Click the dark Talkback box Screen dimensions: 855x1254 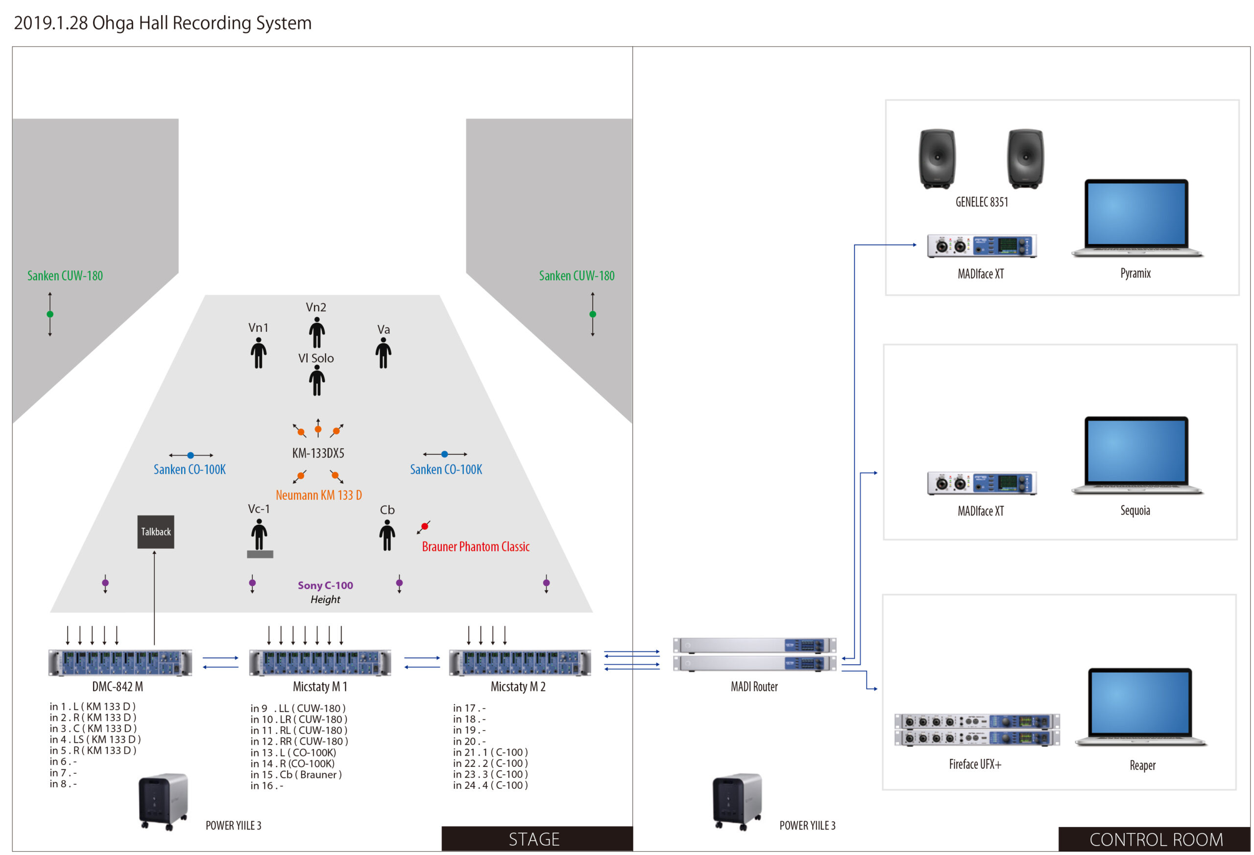coord(155,532)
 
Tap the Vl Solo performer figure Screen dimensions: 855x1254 coord(317,381)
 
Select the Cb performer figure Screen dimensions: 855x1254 coord(387,535)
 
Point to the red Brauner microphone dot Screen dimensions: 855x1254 coord(425,526)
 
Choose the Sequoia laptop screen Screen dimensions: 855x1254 coord(1136,451)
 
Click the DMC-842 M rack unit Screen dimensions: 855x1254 coord(120,663)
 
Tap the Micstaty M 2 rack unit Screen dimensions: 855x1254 coord(520,663)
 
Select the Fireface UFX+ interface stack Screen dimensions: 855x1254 coord(977,730)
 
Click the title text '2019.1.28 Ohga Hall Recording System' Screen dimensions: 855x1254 coord(163,23)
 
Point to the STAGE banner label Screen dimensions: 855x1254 coord(534,839)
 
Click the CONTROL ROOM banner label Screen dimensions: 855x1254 coord(1156,839)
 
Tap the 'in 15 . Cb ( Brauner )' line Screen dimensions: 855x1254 coord(296,775)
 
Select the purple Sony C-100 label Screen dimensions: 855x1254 coord(325,585)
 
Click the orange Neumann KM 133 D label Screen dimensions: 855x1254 coord(318,495)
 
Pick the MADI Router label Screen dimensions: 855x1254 coord(754,686)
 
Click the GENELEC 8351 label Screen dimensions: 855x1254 coord(982,202)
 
